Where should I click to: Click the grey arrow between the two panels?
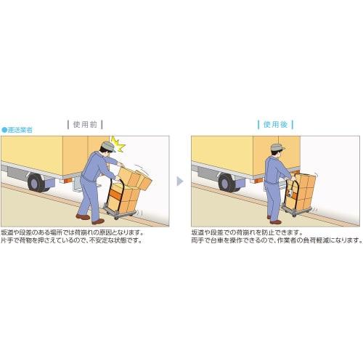[181, 181]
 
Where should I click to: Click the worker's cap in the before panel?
[106, 146]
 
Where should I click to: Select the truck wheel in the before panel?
[36, 179]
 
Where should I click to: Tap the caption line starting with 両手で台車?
[276, 240]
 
